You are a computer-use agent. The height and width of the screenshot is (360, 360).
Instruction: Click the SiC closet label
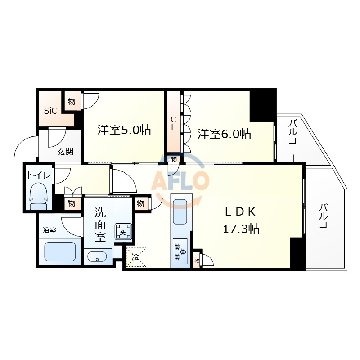(50, 111)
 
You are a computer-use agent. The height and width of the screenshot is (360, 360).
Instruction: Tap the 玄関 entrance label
(65, 152)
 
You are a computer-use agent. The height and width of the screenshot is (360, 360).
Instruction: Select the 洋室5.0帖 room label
(124, 130)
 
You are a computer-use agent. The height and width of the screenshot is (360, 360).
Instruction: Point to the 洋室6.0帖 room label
(224, 134)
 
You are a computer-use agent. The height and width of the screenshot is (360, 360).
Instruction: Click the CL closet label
(173, 123)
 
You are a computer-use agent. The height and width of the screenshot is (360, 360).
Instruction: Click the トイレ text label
(39, 175)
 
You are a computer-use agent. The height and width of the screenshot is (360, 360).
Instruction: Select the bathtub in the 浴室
(60, 252)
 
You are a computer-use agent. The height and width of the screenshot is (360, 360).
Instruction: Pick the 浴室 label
(49, 230)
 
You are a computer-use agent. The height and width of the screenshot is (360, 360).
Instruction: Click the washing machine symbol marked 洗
(123, 232)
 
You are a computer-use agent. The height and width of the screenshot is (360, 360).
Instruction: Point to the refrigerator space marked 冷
(136, 257)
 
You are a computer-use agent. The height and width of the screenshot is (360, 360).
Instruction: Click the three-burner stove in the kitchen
(180, 251)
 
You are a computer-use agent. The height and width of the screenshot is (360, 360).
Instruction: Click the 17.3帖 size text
(241, 229)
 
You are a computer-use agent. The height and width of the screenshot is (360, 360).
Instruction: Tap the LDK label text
(240, 211)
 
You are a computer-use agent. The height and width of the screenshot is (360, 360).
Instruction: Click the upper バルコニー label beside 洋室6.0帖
(292, 140)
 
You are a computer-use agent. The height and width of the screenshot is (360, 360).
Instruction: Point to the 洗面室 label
(100, 225)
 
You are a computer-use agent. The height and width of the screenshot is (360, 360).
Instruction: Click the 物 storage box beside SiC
(72, 101)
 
